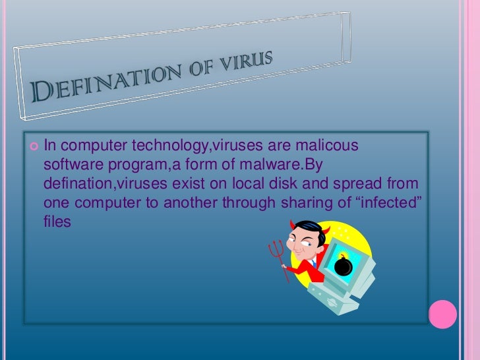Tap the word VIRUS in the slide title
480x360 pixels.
click(247, 61)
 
